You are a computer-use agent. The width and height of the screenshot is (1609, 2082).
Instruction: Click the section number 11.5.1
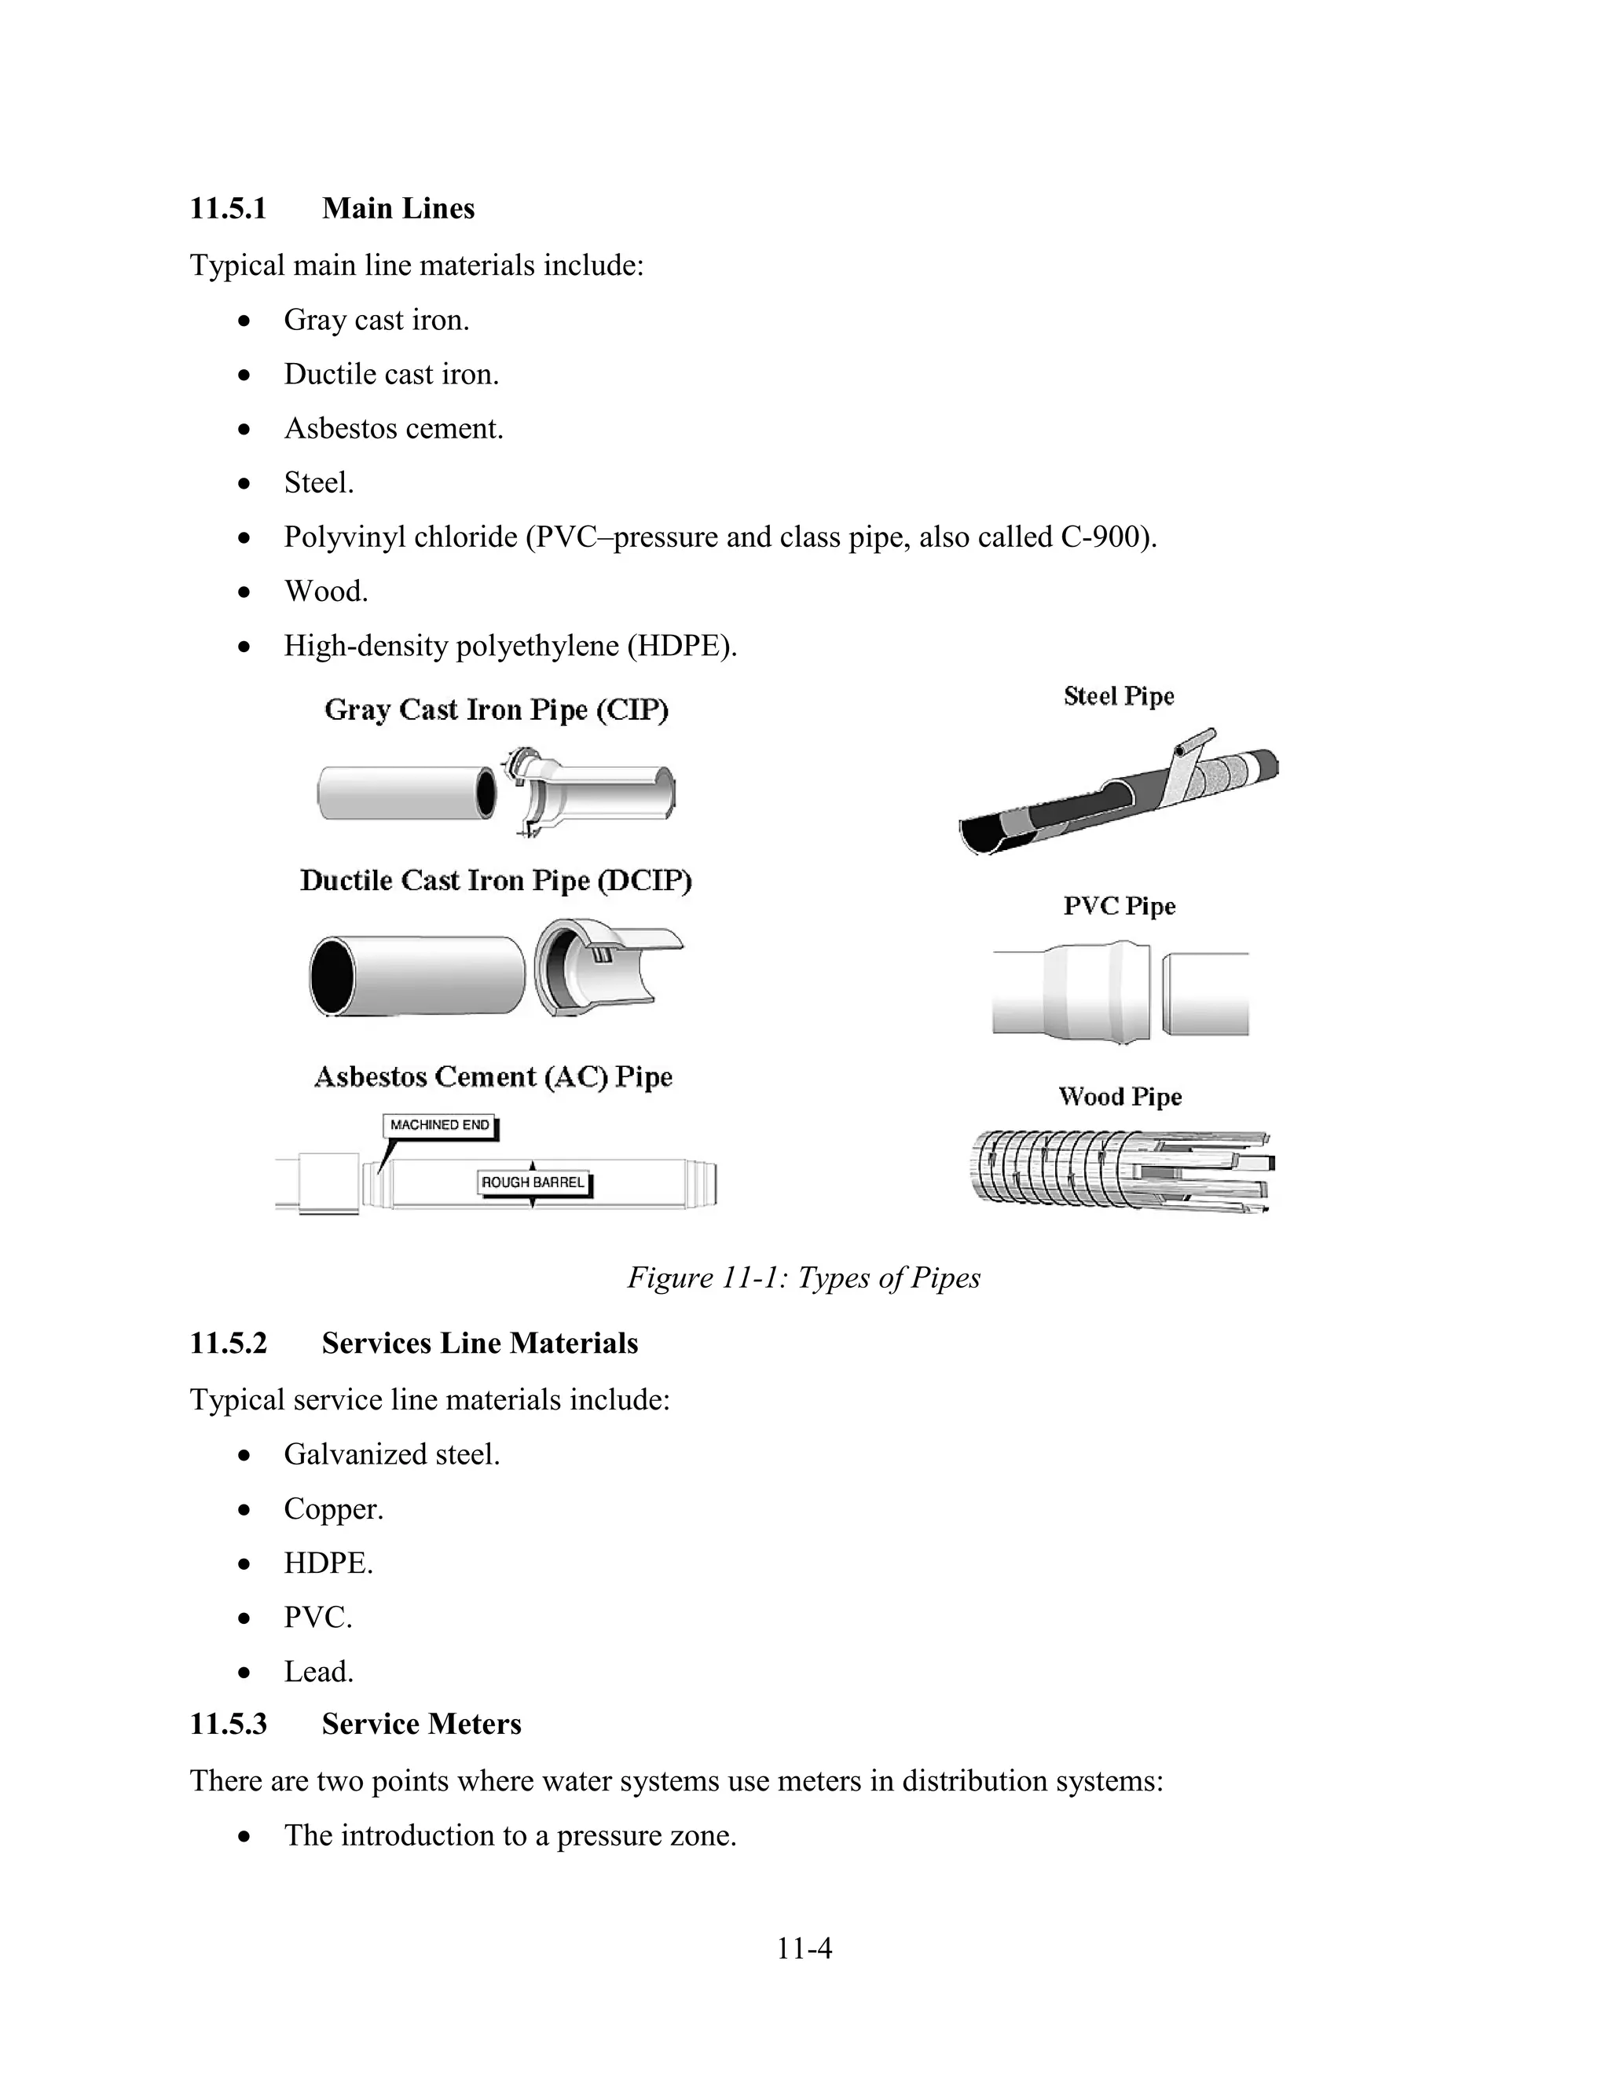coord(228,209)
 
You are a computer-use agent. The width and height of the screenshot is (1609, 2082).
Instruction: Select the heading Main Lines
coord(398,209)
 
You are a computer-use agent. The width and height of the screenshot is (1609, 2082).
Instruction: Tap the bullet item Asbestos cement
coord(393,429)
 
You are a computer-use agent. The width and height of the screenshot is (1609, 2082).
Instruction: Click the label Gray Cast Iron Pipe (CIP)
coord(496,710)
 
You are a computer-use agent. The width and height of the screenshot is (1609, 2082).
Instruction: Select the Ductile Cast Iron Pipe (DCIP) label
coord(496,881)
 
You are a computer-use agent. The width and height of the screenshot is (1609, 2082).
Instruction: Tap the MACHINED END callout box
coord(439,1125)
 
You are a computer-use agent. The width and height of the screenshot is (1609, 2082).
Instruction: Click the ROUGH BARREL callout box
coord(533,1183)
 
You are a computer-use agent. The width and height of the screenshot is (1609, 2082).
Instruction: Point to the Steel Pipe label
coord(1118,697)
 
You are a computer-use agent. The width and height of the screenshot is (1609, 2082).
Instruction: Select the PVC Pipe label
coord(1119,907)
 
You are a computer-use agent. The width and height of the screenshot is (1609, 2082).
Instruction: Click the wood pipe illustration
coord(1120,1171)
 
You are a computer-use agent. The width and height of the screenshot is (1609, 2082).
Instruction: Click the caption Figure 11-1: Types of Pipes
coord(803,1278)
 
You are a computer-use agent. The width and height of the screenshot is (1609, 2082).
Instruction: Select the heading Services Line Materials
coord(479,1344)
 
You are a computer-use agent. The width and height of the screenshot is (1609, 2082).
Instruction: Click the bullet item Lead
coord(318,1672)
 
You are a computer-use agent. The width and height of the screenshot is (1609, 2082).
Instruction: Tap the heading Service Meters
coord(421,1725)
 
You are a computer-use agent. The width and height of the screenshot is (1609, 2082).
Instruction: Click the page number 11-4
coord(804,1948)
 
